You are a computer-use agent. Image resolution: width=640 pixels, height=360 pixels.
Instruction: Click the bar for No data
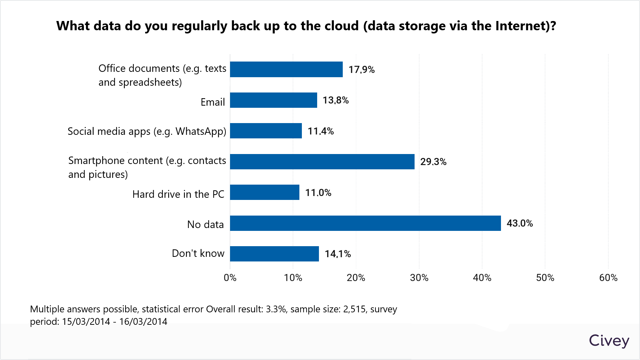[365, 223]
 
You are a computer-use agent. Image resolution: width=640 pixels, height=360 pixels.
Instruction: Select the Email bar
[273, 100]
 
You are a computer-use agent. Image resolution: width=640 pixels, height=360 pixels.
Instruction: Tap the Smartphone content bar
[322, 162]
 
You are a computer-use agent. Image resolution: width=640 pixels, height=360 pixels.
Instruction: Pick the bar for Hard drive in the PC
[265, 192]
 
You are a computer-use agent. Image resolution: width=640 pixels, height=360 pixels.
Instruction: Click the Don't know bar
[274, 254]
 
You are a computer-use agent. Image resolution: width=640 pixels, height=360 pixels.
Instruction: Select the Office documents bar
[286, 69]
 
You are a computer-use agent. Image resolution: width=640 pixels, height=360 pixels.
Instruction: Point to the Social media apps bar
[266, 131]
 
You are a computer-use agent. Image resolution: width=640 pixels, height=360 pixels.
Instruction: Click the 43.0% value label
[519, 223]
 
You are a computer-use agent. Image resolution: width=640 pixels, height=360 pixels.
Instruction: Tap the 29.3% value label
[433, 162]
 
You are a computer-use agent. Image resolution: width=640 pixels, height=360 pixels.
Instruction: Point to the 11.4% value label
[320, 131]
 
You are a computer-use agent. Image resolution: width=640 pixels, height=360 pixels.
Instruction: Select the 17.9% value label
[361, 70]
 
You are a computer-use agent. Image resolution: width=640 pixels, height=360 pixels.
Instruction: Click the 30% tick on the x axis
[419, 278]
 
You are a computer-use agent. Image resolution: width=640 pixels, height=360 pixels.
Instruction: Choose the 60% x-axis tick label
[608, 278]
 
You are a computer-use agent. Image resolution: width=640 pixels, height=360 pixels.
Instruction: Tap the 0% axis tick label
[230, 278]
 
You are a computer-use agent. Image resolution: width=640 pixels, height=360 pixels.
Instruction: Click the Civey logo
[609, 341]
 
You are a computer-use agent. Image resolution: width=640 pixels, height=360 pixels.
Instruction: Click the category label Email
[213, 102]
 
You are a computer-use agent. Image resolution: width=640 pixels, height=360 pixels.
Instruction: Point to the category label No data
[206, 224]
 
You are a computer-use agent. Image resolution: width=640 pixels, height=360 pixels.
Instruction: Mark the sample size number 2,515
[354, 309]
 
